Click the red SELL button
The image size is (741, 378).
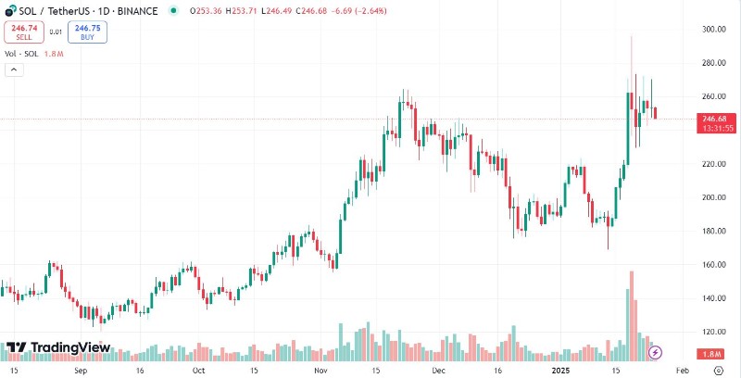pos(24,32)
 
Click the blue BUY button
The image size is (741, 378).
pos(87,32)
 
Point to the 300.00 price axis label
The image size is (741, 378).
pos(712,30)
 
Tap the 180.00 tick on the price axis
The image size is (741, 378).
pos(712,231)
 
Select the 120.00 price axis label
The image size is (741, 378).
pos(712,332)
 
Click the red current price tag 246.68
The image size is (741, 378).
pos(713,119)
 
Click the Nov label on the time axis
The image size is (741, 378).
pos(320,369)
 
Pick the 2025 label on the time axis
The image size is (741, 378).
pos(559,369)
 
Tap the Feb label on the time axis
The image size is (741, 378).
pos(681,369)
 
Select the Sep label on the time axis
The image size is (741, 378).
pos(81,369)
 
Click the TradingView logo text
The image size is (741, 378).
pos(70,348)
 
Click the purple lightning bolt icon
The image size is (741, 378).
pos(656,351)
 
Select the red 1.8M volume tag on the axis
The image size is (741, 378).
pos(713,355)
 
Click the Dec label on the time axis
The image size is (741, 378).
pos(440,369)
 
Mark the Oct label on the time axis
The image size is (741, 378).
pos(197,369)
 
